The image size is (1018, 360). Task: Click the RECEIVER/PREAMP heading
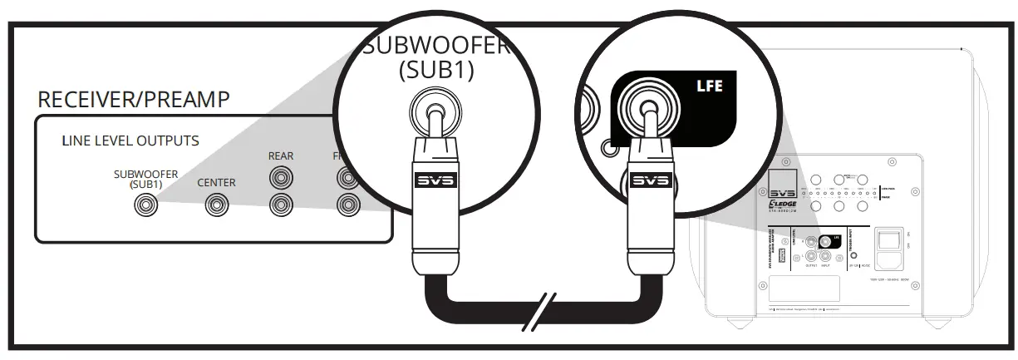tap(133, 100)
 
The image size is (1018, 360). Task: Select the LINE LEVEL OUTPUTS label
tap(130, 141)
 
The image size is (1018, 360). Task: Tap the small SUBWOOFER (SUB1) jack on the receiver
tap(146, 203)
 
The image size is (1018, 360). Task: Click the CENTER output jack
tap(216, 203)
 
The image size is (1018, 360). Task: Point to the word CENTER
tap(216, 182)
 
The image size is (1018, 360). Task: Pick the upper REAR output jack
tap(281, 177)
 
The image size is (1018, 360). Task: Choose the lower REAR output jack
tap(281, 203)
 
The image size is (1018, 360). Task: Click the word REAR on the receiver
tap(281, 155)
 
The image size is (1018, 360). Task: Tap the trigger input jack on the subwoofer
tap(854, 259)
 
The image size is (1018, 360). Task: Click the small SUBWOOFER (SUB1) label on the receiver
tap(146, 179)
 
